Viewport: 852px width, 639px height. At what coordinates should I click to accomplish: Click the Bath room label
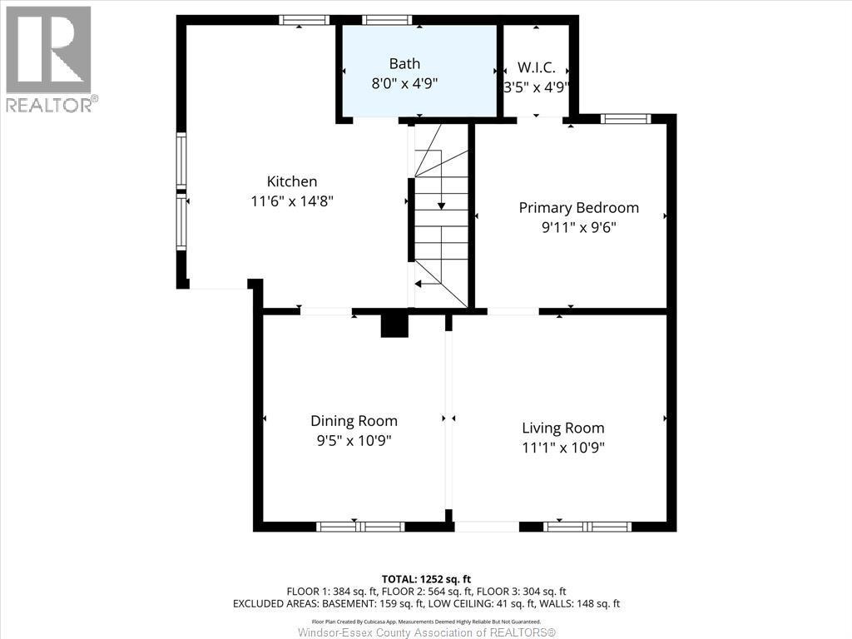(x=404, y=63)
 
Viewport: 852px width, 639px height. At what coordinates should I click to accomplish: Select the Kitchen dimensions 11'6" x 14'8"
(x=291, y=201)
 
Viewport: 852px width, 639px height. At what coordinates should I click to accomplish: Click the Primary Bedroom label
(x=578, y=207)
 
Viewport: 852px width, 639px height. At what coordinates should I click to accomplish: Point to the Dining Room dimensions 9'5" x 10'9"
(x=354, y=441)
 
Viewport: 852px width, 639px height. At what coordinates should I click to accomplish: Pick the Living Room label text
(x=562, y=428)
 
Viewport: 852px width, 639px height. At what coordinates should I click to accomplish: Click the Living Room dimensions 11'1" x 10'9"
(x=562, y=448)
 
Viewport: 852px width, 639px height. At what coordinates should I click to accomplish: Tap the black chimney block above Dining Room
(x=394, y=325)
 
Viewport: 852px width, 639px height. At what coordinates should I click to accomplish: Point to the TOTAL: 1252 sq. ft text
(x=426, y=578)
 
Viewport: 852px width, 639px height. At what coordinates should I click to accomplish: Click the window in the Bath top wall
(x=388, y=20)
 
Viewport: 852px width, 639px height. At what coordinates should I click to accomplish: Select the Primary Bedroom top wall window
(x=626, y=119)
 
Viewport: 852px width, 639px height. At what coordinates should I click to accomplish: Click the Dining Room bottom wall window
(x=360, y=527)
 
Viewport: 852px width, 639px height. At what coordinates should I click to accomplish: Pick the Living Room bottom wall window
(x=587, y=527)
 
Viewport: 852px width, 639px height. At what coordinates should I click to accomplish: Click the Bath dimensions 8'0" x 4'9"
(x=404, y=83)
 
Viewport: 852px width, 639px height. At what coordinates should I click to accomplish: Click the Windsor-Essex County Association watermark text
(x=426, y=632)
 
